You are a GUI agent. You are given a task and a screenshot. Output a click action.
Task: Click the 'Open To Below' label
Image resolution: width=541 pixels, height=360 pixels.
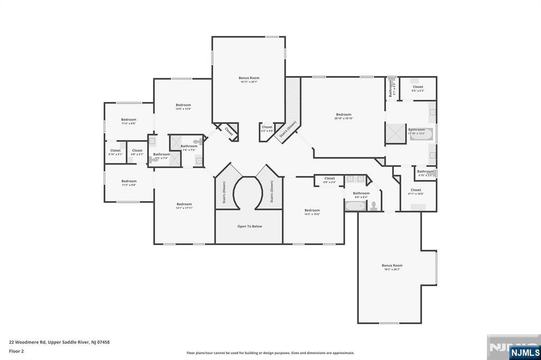tap(249, 226)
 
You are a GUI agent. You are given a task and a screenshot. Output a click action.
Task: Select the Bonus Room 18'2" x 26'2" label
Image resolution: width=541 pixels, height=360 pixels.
tap(392, 267)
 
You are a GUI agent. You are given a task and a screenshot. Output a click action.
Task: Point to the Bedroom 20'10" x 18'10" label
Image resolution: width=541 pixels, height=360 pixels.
tap(343, 116)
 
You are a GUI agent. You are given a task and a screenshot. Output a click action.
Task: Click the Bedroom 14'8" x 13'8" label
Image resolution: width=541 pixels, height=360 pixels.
tap(183, 107)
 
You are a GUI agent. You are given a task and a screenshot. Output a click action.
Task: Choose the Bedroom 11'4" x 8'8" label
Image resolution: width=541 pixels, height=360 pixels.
tap(128, 121)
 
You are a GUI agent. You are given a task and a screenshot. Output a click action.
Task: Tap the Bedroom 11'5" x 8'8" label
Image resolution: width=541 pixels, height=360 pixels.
tap(129, 183)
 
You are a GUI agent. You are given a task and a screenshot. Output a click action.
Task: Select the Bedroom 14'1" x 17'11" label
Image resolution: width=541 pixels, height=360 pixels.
tap(184, 206)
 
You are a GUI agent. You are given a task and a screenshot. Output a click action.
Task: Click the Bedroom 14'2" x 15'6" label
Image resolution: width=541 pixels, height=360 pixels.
tap(312, 212)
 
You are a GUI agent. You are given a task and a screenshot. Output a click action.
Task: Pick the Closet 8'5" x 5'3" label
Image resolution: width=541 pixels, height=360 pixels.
tap(418, 89)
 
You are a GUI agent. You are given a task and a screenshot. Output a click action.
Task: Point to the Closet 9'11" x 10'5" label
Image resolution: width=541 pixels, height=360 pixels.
tap(416, 192)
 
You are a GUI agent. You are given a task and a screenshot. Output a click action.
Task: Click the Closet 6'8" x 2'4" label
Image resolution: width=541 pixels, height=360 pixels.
tap(330, 180)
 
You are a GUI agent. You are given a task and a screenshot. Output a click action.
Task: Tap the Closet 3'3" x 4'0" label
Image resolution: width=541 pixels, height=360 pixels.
tap(267, 129)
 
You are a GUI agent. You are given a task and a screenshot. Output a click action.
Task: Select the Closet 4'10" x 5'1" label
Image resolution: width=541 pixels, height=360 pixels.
tap(115, 152)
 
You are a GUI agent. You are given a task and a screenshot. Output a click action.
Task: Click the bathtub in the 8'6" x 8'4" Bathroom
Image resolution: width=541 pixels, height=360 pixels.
tap(356, 206)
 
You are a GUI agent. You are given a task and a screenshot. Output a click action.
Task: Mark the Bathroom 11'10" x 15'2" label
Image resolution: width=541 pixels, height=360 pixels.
tap(416, 131)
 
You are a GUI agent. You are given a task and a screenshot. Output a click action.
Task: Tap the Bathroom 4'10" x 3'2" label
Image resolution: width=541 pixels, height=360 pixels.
tap(425, 173)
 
